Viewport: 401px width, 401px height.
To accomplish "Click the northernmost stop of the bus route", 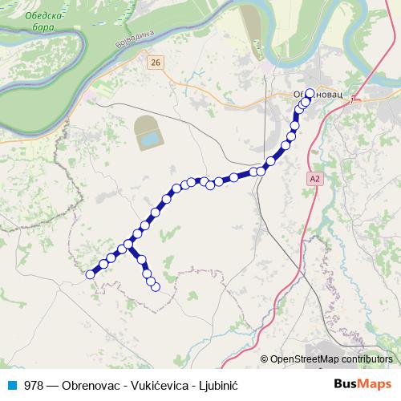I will pyautogui.click(x=310, y=92).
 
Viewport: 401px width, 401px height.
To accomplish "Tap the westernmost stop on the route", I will pyautogui.click(x=90, y=274).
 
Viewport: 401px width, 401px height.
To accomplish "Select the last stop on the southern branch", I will pyautogui.click(x=156, y=286).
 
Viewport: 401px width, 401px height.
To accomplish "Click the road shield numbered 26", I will pyautogui.click(x=156, y=62).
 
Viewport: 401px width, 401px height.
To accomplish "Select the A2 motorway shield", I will pyautogui.click(x=314, y=180).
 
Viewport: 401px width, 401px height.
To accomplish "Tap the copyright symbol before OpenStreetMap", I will pyautogui.click(x=265, y=359).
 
